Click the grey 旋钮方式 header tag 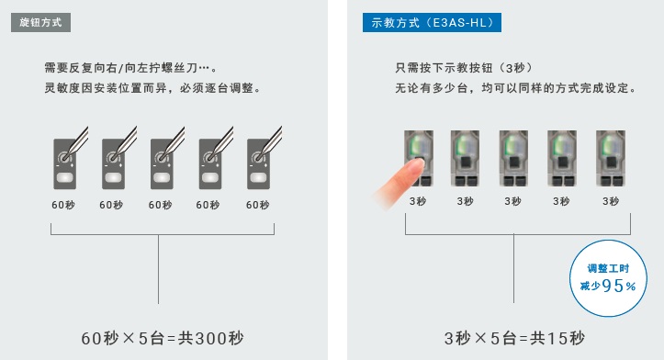[x=40, y=22]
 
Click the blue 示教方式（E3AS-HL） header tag [x=432, y=22]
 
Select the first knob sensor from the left [x=65, y=163]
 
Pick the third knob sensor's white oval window [x=162, y=177]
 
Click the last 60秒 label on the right [x=257, y=205]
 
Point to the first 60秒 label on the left [x=63, y=205]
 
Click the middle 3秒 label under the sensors [x=512, y=201]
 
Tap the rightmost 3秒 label [x=611, y=201]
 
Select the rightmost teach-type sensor [x=611, y=158]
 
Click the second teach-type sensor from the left [x=465, y=158]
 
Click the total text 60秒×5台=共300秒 [x=163, y=338]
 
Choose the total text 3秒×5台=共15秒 [x=514, y=338]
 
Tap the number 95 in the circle [x=613, y=287]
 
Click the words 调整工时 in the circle [x=608, y=268]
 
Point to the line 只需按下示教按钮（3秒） [x=464, y=68]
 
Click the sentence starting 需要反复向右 [x=130, y=68]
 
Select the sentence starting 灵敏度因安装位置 [x=152, y=88]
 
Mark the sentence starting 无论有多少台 [x=516, y=88]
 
